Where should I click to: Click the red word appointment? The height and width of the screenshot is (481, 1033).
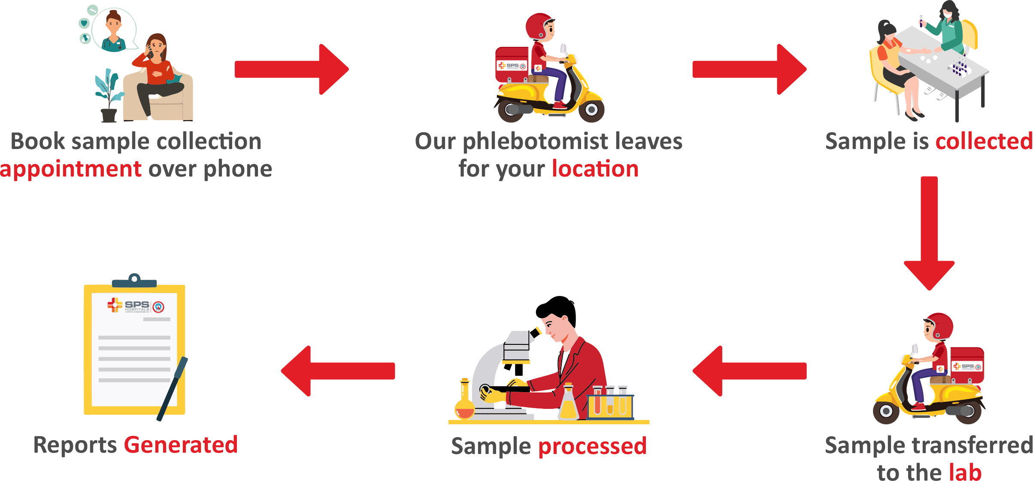(71, 169)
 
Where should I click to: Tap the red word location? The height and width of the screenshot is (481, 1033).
(595, 168)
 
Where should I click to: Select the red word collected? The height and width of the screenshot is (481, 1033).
(984, 141)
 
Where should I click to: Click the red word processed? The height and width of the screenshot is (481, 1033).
(592, 446)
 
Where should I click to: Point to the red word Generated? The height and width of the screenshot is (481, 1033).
(181, 444)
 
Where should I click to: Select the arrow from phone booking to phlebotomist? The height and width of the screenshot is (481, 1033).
(292, 69)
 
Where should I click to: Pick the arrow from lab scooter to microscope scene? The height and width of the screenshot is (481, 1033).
(749, 371)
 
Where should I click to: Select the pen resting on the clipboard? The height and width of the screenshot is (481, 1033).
(173, 389)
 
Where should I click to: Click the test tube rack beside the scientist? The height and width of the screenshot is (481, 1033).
(610, 403)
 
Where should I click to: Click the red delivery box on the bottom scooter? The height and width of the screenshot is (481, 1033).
(967, 365)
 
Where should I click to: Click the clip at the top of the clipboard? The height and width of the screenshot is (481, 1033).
(134, 281)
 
